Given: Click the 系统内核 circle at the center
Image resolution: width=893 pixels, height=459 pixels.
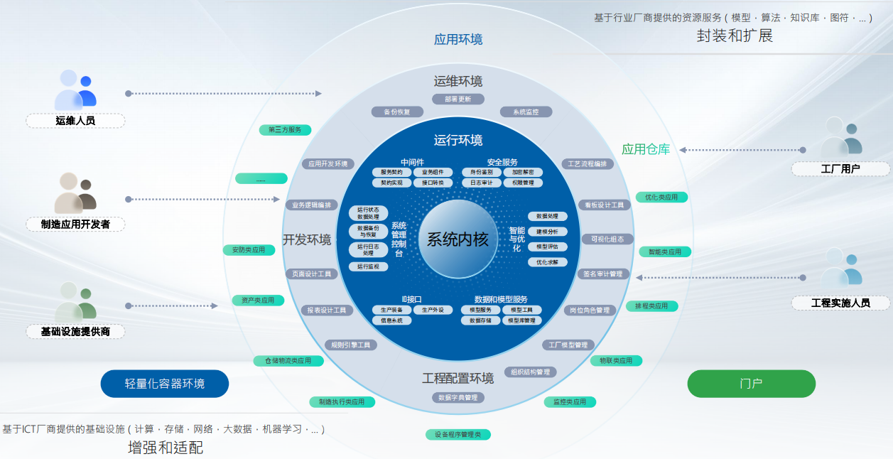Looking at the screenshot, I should click(458, 239).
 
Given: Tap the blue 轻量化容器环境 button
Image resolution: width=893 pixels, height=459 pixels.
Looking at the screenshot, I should click(165, 384).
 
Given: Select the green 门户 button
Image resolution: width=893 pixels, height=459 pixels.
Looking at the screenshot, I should click(751, 384).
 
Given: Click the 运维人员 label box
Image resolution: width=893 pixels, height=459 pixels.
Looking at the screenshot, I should click(75, 121).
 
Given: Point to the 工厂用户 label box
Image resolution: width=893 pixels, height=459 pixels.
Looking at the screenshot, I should click(840, 169).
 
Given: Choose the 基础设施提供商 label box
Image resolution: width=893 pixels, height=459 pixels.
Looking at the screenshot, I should click(75, 331).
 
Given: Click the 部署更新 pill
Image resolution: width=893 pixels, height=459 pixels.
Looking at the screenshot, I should click(458, 99).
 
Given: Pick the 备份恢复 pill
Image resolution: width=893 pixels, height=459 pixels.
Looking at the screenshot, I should click(397, 112).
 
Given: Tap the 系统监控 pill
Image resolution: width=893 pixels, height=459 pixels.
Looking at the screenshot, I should click(525, 112).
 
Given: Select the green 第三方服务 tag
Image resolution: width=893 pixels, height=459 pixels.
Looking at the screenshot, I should click(285, 130).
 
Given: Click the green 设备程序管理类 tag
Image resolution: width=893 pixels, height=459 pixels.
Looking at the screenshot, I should click(458, 434).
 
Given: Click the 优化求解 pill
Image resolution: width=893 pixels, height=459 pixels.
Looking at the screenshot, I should click(547, 262).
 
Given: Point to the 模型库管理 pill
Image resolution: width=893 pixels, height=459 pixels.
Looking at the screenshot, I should click(522, 320).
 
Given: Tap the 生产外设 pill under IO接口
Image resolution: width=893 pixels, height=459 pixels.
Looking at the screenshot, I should click(433, 310).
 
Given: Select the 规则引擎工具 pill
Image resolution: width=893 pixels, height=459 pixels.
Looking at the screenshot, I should click(351, 345).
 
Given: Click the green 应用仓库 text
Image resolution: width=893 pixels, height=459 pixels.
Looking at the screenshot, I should click(646, 149).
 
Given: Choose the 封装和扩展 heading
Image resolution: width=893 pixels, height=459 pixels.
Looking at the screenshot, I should click(735, 36).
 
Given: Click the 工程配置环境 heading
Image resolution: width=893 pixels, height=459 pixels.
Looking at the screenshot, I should click(458, 378).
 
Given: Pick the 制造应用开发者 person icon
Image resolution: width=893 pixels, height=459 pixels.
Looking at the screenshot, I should click(75, 193).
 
